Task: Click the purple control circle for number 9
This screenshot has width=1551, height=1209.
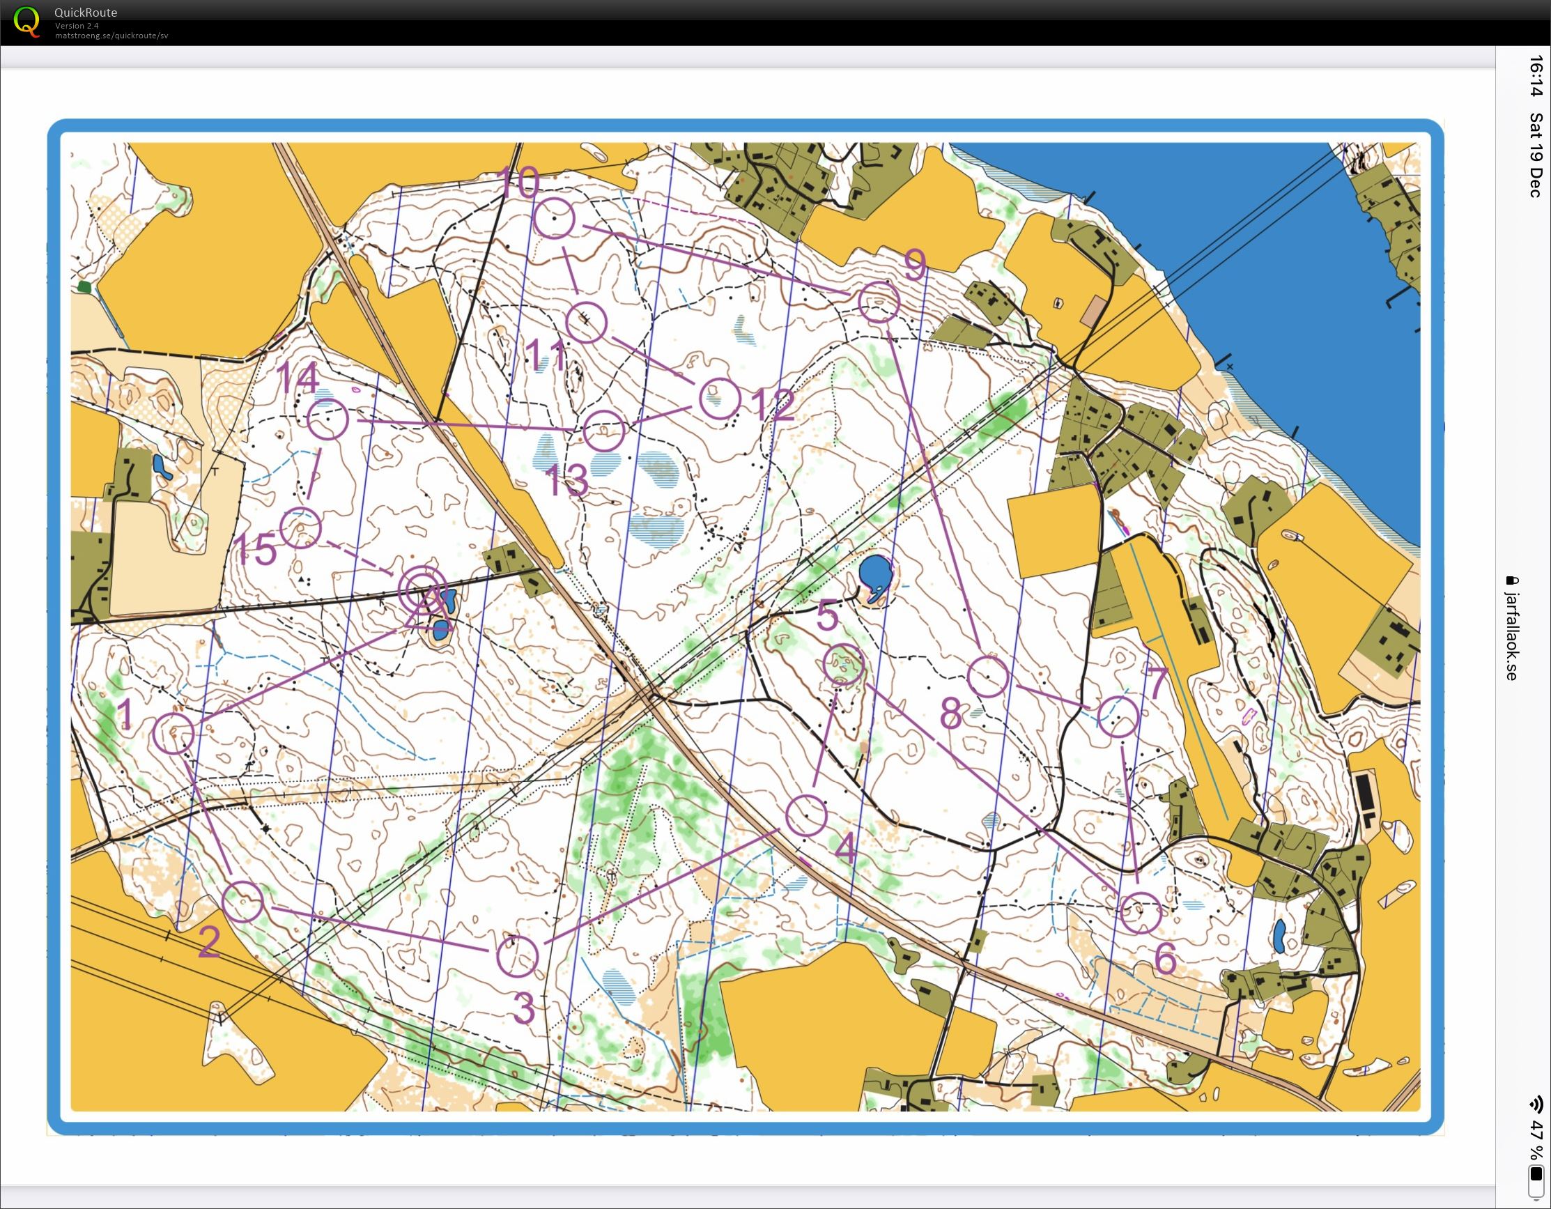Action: coord(879,302)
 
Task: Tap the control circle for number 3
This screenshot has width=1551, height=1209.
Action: coord(517,956)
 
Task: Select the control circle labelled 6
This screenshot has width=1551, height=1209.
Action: coord(1141,913)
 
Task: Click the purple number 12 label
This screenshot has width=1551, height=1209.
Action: coord(772,406)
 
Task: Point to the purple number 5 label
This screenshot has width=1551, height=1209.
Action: coord(827,615)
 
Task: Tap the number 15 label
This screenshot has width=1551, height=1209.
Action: coord(254,550)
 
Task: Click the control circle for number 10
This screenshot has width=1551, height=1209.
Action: coord(553,218)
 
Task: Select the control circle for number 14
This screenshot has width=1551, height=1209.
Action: coord(328,419)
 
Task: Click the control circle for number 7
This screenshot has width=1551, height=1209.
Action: coord(1118,716)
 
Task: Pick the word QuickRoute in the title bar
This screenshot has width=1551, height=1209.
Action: coord(85,12)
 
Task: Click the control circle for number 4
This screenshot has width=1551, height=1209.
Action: coord(807,815)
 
